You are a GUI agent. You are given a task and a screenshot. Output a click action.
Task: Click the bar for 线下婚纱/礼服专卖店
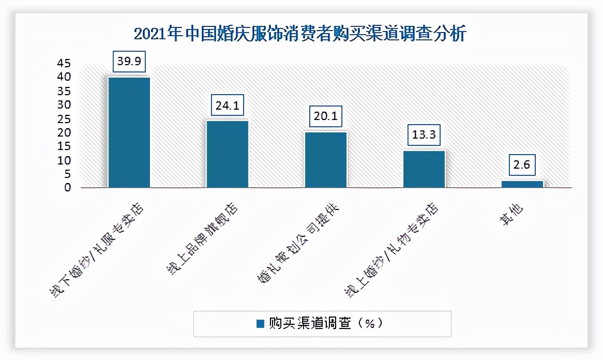[129, 132]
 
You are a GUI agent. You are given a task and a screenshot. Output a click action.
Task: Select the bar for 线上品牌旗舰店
[228, 154]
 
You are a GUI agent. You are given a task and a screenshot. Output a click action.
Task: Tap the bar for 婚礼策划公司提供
[326, 159]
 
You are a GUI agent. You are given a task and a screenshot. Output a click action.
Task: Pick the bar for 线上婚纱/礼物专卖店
[424, 169]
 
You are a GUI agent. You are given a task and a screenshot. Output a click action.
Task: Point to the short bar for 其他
[522, 184]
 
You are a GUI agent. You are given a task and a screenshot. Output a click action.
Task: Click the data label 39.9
[129, 62]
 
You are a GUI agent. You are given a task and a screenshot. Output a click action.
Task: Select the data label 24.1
[228, 106]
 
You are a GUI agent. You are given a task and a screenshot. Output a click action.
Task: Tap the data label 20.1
[326, 117]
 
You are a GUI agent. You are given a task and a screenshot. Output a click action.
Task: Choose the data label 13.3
[424, 136]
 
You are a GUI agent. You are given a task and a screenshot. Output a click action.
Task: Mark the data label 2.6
[522, 166]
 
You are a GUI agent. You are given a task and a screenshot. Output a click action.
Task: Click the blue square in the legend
[261, 324]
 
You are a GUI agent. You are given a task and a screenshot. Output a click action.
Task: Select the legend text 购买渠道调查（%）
[326, 324]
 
